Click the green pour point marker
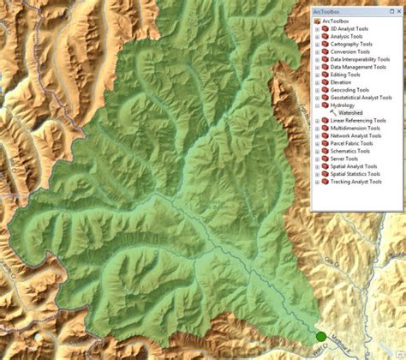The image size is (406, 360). (x=321, y=337)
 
